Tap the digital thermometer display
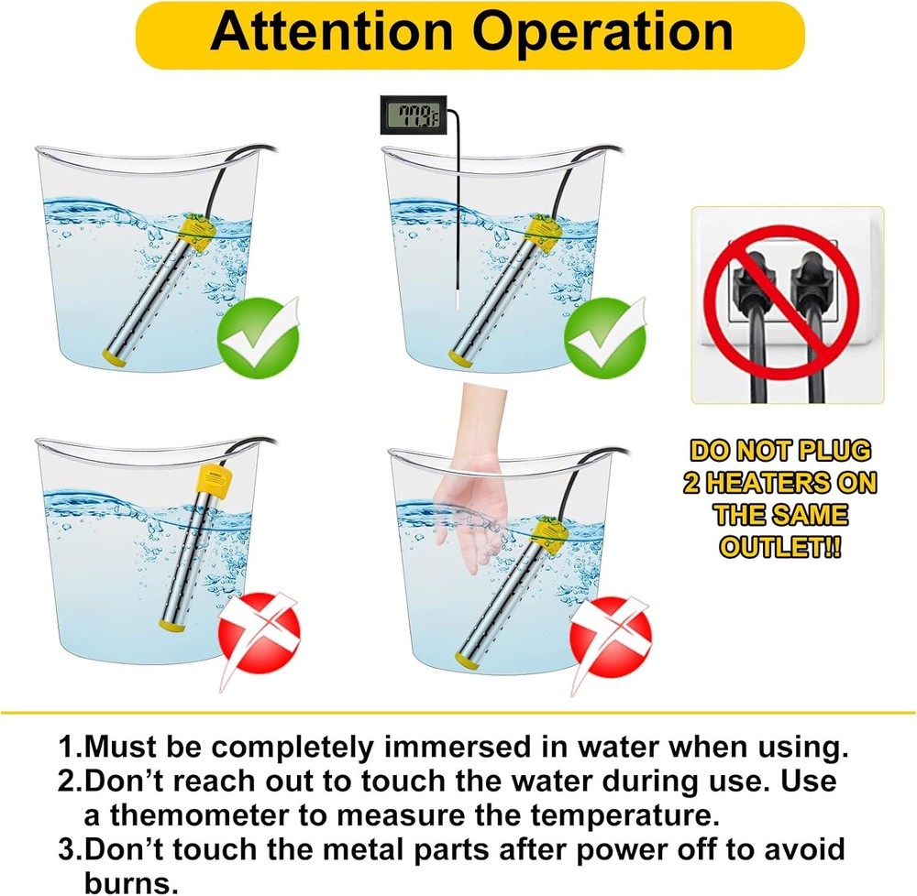coord(409,117)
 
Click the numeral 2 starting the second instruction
coord(65,781)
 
